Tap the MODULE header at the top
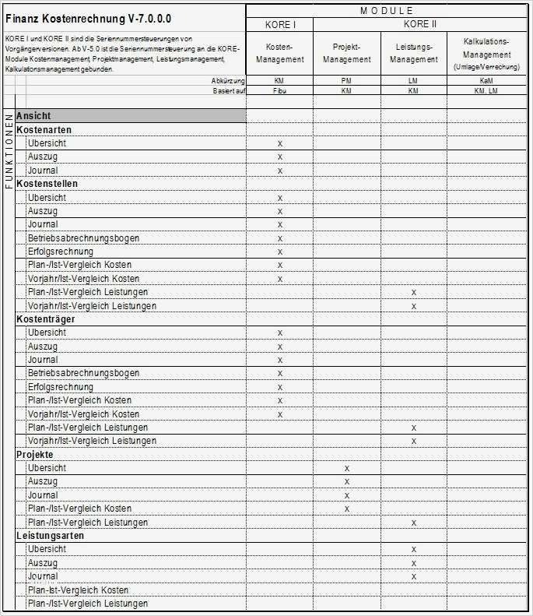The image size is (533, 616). coord(387,10)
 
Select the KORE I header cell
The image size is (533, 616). coord(279,25)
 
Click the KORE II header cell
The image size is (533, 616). coord(414,25)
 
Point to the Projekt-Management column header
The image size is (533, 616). coord(347,54)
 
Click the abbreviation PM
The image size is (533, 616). coord(347,81)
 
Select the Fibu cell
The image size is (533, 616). coord(279,91)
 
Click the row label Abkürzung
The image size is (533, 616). coord(228,81)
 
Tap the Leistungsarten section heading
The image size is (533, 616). coord(50,536)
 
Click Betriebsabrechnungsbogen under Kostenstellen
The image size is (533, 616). coord(72,238)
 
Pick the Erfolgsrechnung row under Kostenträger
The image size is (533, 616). coord(60,387)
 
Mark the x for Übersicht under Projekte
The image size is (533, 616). coord(347,468)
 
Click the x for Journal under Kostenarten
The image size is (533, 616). coord(279,171)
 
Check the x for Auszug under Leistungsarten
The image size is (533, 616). coord(414,563)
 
